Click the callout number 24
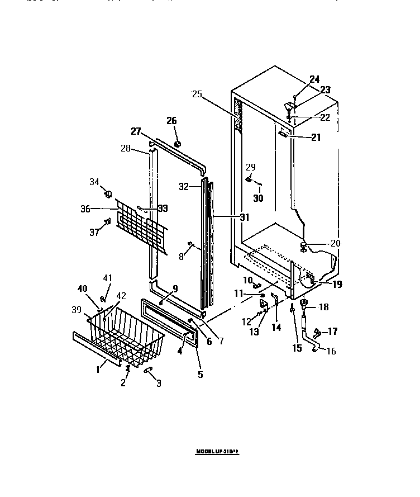tap(315, 79)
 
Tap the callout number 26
tap(171, 120)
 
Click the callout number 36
tap(85, 209)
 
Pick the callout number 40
tap(82, 288)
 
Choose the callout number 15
tap(297, 348)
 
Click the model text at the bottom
tap(221, 451)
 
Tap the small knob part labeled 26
tap(178, 144)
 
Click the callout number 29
tap(251, 167)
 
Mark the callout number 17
tap(332, 332)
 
